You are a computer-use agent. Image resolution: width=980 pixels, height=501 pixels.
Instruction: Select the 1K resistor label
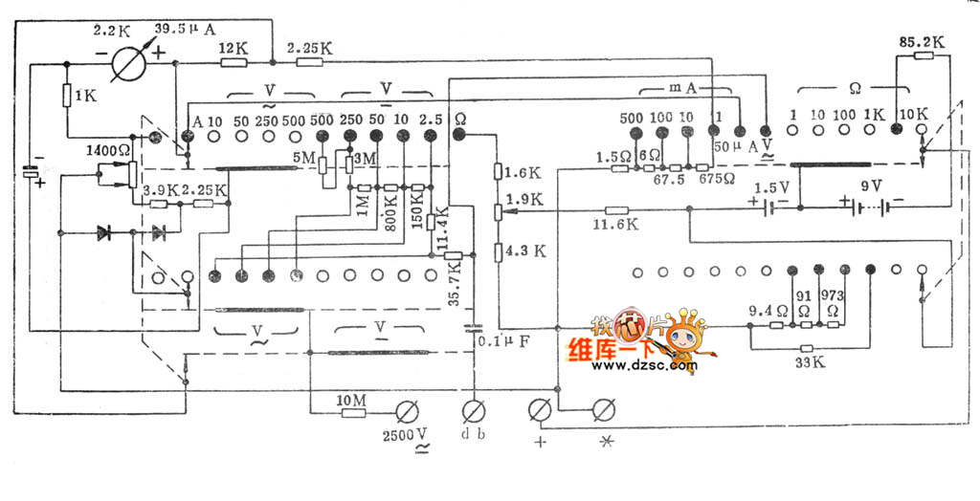point(85,96)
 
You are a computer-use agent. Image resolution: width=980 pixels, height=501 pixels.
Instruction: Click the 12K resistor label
point(234,47)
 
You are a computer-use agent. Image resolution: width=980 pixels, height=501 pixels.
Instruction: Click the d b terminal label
point(473,436)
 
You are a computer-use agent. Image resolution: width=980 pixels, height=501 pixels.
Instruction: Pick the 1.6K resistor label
point(524,173)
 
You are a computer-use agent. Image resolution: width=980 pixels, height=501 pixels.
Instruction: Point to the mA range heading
point(680,88)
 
